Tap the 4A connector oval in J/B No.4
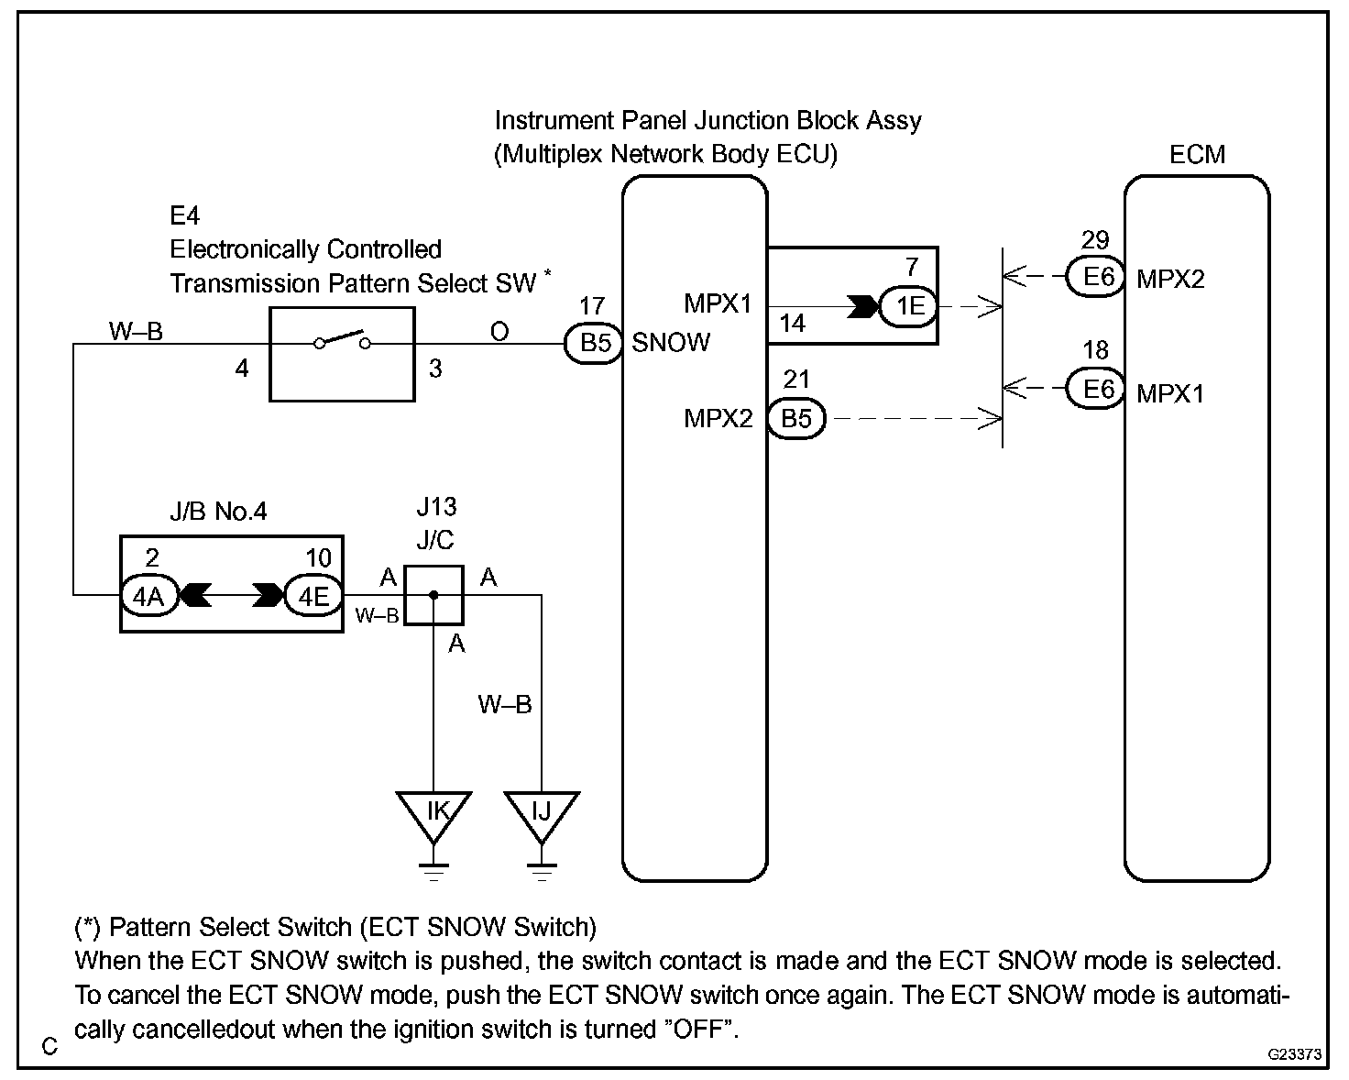(149, 595)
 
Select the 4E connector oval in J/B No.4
(313, 595)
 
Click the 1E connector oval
(909, 306)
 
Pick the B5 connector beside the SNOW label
(594, 343)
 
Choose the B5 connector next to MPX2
(796, 418)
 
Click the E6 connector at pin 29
(1097, 277)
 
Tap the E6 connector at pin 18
(1097, 389)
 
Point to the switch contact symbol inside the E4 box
(342, 339)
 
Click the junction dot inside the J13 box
(433, 595)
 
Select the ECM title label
(1197, 154)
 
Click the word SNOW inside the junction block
(671, 343)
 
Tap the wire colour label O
(499, 332)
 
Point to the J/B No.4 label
(218, 512)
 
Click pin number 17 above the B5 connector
(592, 306)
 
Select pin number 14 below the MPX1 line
(793, 324)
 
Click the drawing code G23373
(1294, 1054)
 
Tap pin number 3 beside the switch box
(435, 369)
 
